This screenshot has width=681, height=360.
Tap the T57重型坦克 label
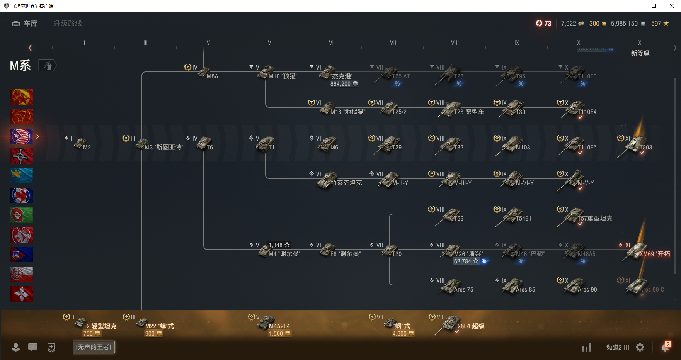pyautogui.click(x=595, y=219)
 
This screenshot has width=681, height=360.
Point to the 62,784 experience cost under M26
pyautogui.click(x=463, y=262)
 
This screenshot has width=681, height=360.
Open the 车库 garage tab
pyautogui.click(x=25, y=24)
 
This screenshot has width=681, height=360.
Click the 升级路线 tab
pyautogui.click(x=68, y=24)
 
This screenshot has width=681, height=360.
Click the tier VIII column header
pyautogui.click(x=455, y=43)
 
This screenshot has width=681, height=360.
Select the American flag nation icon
pyautogui.click(x=21, y=136)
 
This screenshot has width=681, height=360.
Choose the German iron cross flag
pyautogui.click(x=21, y=156)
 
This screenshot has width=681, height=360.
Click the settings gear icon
pyautogui.click(x=640, y=347)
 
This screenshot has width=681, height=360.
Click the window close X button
pyautogui.click(x=672, y=6)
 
